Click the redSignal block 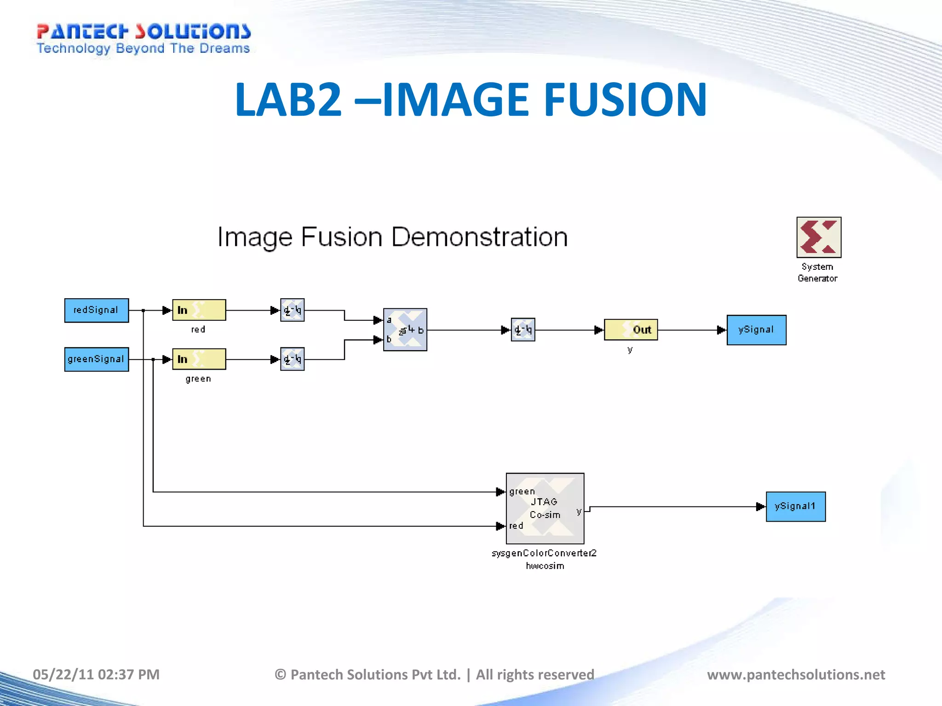click(x=97, y=310)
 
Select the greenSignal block click(x=97, y=359)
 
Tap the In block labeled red click(x=199, y=310)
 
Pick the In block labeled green click(x=199, y=359)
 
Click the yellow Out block click(x=631, y=330)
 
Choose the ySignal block click(x=756, y=330)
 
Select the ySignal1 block click(x=795, y=507)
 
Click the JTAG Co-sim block click(x=545, y=508)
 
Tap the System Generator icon click(x=819, y=237)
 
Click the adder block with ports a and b click(x=405, y=330)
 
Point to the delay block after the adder click(x=523, y=330)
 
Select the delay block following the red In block click(x=293, y=310)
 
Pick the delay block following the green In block click(x=293, y=359)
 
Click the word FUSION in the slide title click(x=625, y=100)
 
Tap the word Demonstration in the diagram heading click(x=479, y=238)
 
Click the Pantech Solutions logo click(x=144, y=39)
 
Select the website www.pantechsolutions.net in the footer click(x=796, y=674)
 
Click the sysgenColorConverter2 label click(x=544, y=553)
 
